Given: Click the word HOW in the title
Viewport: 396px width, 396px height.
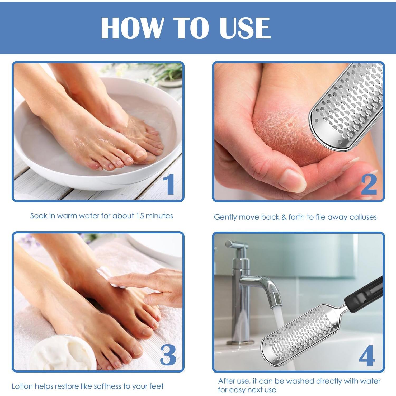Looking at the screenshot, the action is click(132, 28).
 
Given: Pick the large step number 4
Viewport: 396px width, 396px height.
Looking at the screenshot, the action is click(367, 356).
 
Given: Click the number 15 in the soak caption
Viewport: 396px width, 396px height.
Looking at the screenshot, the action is click(140, 216).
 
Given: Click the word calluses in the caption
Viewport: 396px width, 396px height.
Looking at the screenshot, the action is click(363, 217).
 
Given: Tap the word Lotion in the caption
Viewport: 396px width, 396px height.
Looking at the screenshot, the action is click(22, 386).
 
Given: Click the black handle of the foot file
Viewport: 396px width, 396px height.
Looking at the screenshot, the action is click(365, 292).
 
